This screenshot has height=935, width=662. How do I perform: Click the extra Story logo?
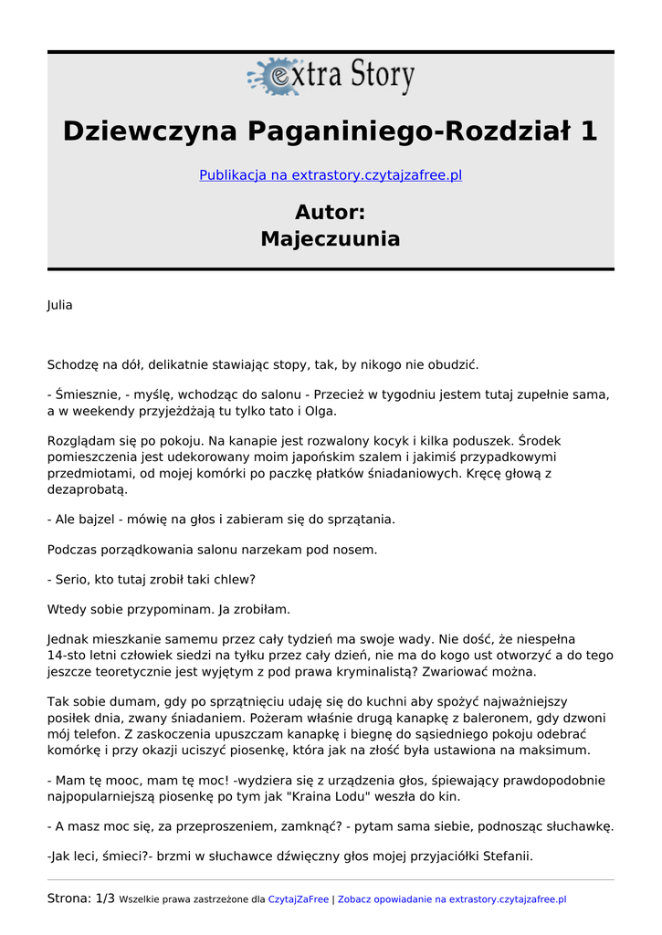(x=331, y=77)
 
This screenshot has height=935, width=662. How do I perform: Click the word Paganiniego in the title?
(x=343, y=131)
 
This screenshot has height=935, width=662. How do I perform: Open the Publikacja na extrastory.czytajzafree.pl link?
(x=331, y=174)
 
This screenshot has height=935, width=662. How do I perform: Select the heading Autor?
(x=331, y=212)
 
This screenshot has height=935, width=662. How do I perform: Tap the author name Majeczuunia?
(x=331, y=239)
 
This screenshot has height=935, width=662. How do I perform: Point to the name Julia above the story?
(x=59, y=305)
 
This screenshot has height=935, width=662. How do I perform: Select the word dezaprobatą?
(x=88, y=489)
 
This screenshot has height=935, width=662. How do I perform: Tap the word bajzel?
(x=105, y=519)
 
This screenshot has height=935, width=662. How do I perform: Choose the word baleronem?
(x=520, y=718)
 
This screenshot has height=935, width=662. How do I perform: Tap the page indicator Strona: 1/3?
(x=81, y=898)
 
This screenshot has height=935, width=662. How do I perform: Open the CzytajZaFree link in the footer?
(x=299, y=899)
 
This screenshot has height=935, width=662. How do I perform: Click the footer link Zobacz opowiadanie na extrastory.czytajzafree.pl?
(x=452, y=899)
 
